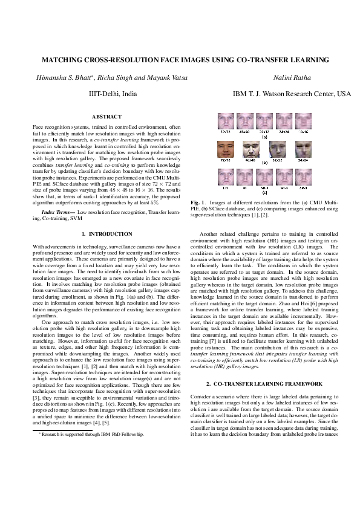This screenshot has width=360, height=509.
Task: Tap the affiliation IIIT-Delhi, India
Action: point(113,94)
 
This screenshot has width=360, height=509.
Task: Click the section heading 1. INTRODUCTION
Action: point(106,233)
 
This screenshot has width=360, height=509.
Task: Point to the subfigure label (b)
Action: point(264,163)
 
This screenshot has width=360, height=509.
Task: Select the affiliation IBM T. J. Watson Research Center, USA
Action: point(292,94)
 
